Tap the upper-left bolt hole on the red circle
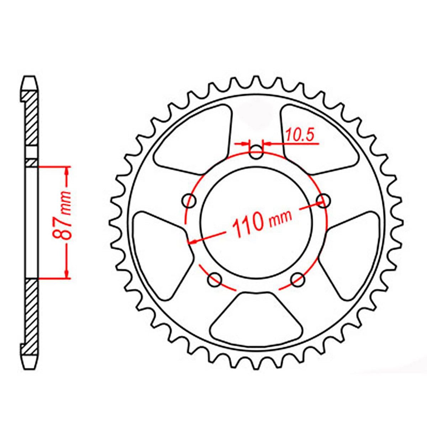(189, 201)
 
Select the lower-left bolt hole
(214, 280)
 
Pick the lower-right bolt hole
(297, 280)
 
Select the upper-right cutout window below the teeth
(317, 139)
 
